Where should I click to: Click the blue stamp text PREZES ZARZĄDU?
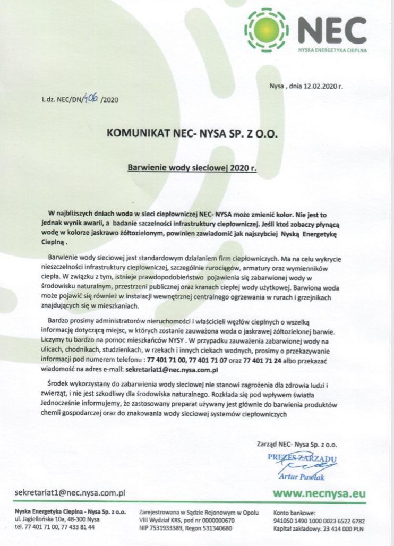coord(302,457)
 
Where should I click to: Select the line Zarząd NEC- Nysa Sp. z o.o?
coord(297,442)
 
